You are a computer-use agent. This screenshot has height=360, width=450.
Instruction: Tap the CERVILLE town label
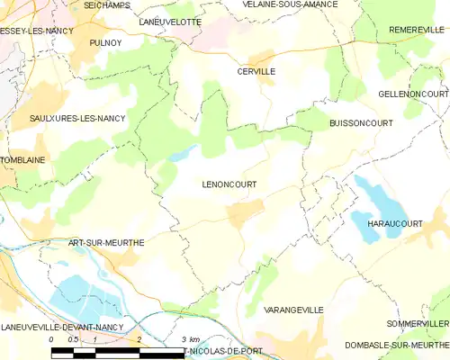[256, 71]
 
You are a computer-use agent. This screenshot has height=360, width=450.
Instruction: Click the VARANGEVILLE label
[293, 309]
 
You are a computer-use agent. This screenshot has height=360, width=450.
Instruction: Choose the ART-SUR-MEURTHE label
[106, 243]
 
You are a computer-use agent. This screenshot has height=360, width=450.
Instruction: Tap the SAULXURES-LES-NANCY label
[77, 118]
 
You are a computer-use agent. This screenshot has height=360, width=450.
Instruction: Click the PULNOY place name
[105, 42]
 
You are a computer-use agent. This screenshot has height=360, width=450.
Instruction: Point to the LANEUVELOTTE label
[170, 19]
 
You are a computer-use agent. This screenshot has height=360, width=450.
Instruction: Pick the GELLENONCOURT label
[413, 94]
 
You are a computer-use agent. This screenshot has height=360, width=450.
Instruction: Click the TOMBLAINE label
[22, 160]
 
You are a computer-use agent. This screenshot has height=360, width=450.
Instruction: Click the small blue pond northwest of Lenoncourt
[180, 153]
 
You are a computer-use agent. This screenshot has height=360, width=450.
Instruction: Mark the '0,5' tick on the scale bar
[73, 338]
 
